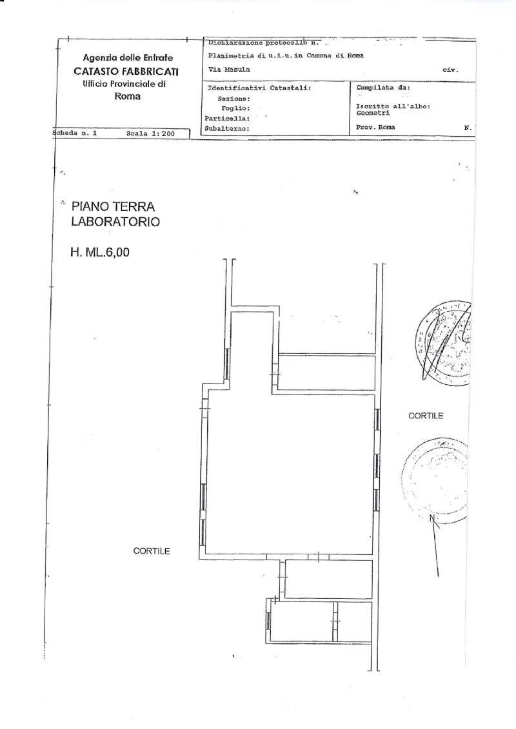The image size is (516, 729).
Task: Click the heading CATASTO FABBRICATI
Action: tap(126, 71)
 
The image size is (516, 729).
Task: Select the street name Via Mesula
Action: tap(226, 70)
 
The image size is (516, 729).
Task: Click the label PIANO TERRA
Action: tap(113, 207)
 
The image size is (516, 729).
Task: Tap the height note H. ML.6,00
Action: tap(100, 253)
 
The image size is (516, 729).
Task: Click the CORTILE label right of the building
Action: tap(426, 416)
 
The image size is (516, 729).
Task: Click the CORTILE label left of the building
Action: tap(151, 551)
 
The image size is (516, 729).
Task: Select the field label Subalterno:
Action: tap(226, 128)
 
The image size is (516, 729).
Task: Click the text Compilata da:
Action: tap(382, 88)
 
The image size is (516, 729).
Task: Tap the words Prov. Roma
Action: tap(375, 128)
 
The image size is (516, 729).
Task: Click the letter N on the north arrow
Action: tap(432, 518)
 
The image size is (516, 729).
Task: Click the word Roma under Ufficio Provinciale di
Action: tap(127, 97)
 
